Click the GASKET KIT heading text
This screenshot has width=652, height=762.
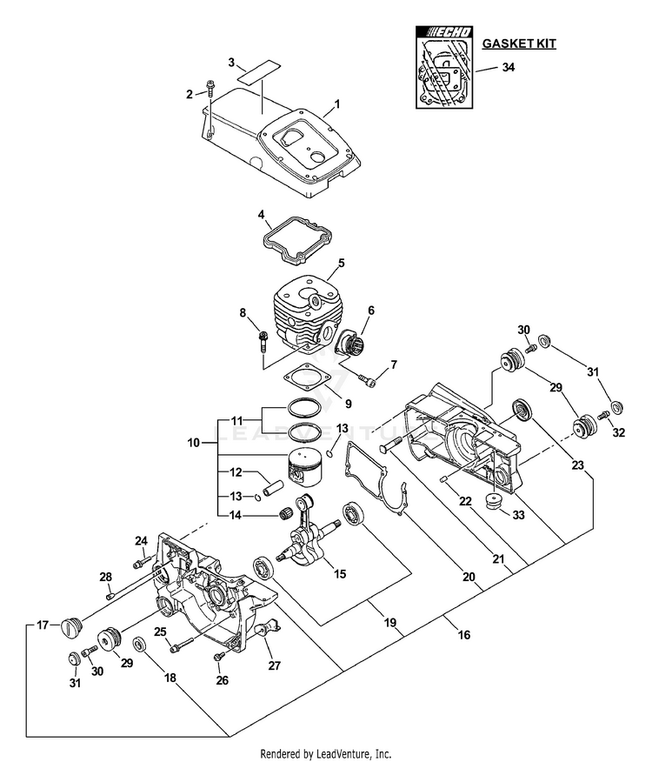pyautogui.click(x=519, y=43)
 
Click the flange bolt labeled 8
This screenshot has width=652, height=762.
pyautogui.click(x=262, y=342)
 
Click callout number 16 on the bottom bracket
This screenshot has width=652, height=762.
pyautogui.click(x=463, y=636)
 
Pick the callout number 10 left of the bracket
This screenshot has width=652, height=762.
pyautogui.click(x=194, y=443)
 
